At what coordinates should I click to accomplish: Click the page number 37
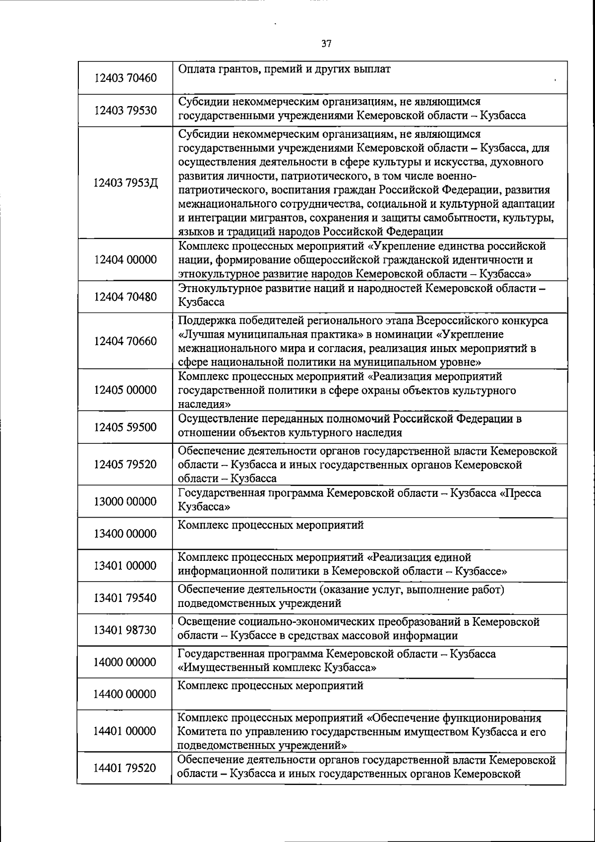[326, 44]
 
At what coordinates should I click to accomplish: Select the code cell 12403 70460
[125, 78]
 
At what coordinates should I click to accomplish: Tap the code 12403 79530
[125, 110]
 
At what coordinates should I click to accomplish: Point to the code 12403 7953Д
[125, 183]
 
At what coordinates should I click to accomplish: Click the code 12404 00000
[125, 260]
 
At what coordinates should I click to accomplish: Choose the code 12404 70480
[125, 297]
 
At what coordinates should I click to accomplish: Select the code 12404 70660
[125, 341]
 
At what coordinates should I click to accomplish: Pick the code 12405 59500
[125, 427]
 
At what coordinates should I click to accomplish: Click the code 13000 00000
[125, 501]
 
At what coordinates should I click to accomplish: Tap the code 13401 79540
[125, 598]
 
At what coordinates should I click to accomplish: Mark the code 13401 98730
[125, 630]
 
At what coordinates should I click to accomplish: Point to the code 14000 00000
[125, 662]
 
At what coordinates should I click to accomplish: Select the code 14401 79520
[125, 768]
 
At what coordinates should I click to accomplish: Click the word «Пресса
[521, 493]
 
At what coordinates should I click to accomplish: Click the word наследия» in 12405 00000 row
[200, 404]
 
